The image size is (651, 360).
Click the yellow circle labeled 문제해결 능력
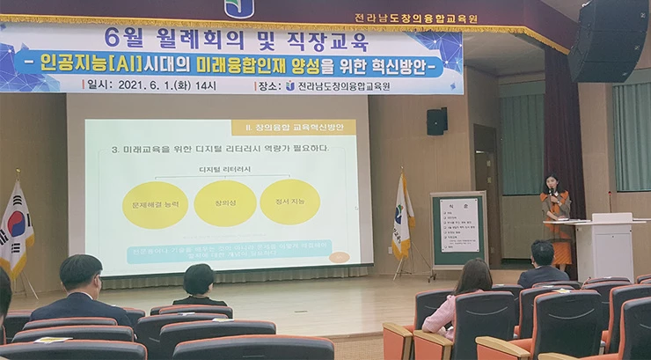pos(154,204)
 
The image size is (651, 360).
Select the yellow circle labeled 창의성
pos(224,203)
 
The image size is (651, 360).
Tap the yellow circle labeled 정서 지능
pos(289,202)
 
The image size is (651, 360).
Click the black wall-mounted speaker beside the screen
pos(436,121)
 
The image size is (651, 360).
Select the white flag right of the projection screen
pos(402,217)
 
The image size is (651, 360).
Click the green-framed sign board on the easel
pos(457,227)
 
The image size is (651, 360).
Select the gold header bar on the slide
pos(294,128)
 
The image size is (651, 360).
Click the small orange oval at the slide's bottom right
pos(339,257)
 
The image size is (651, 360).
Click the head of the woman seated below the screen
pos(199,281)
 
